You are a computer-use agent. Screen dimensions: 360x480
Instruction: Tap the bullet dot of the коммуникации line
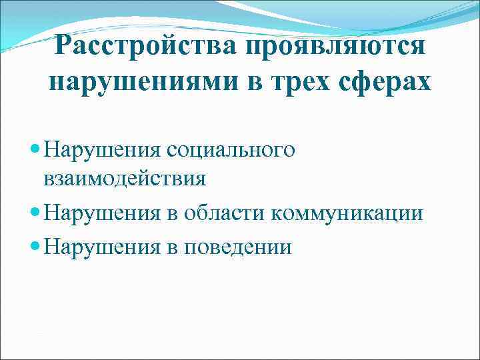click(x=35, y=213)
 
